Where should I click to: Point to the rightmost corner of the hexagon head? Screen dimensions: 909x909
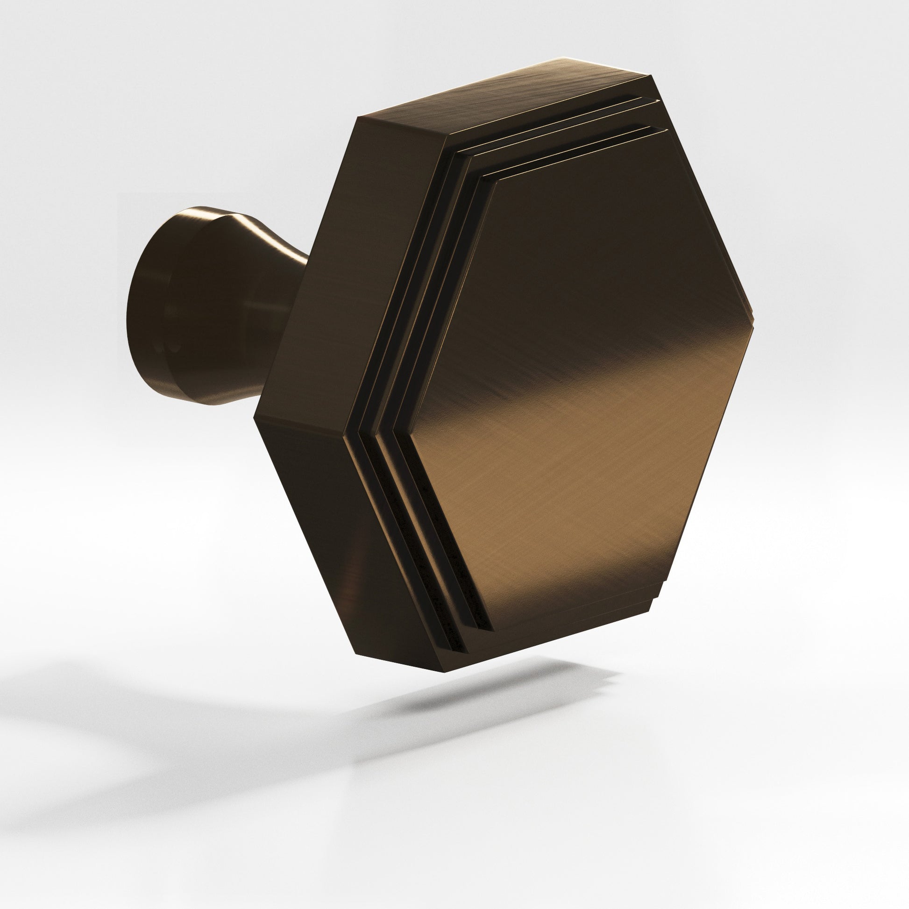click(753, 325)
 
